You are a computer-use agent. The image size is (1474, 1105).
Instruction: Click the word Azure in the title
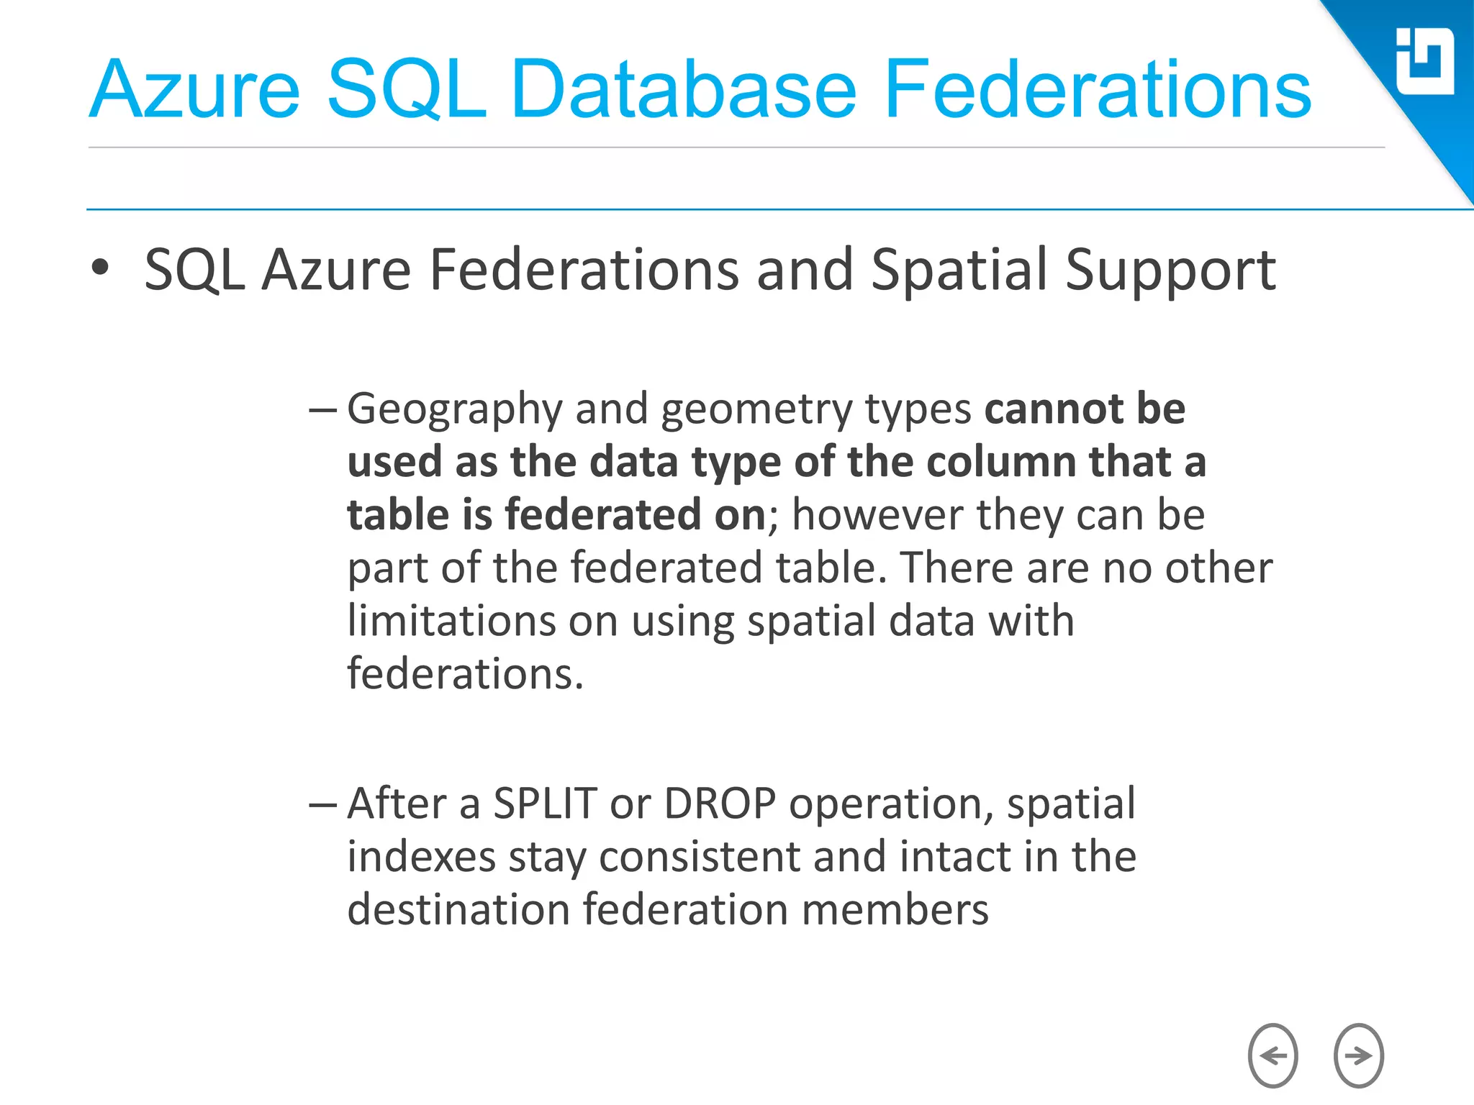tap(194, 90)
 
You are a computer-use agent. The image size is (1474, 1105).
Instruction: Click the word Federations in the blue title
tap(1097, 90)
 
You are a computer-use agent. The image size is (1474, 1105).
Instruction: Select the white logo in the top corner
tap(1424, 61)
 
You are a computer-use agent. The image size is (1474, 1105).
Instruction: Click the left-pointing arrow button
tap(1272, 1055)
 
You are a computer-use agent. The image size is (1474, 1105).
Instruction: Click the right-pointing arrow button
tap(1358, 1055)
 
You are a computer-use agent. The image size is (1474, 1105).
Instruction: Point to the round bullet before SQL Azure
tap(100, 268)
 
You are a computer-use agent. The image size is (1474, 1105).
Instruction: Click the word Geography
tap(454, 410)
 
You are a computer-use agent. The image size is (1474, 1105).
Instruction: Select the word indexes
tap(421, 857)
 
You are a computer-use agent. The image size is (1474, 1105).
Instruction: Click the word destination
tap(458, 909)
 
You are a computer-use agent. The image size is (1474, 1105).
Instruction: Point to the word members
tap(895, 909)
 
